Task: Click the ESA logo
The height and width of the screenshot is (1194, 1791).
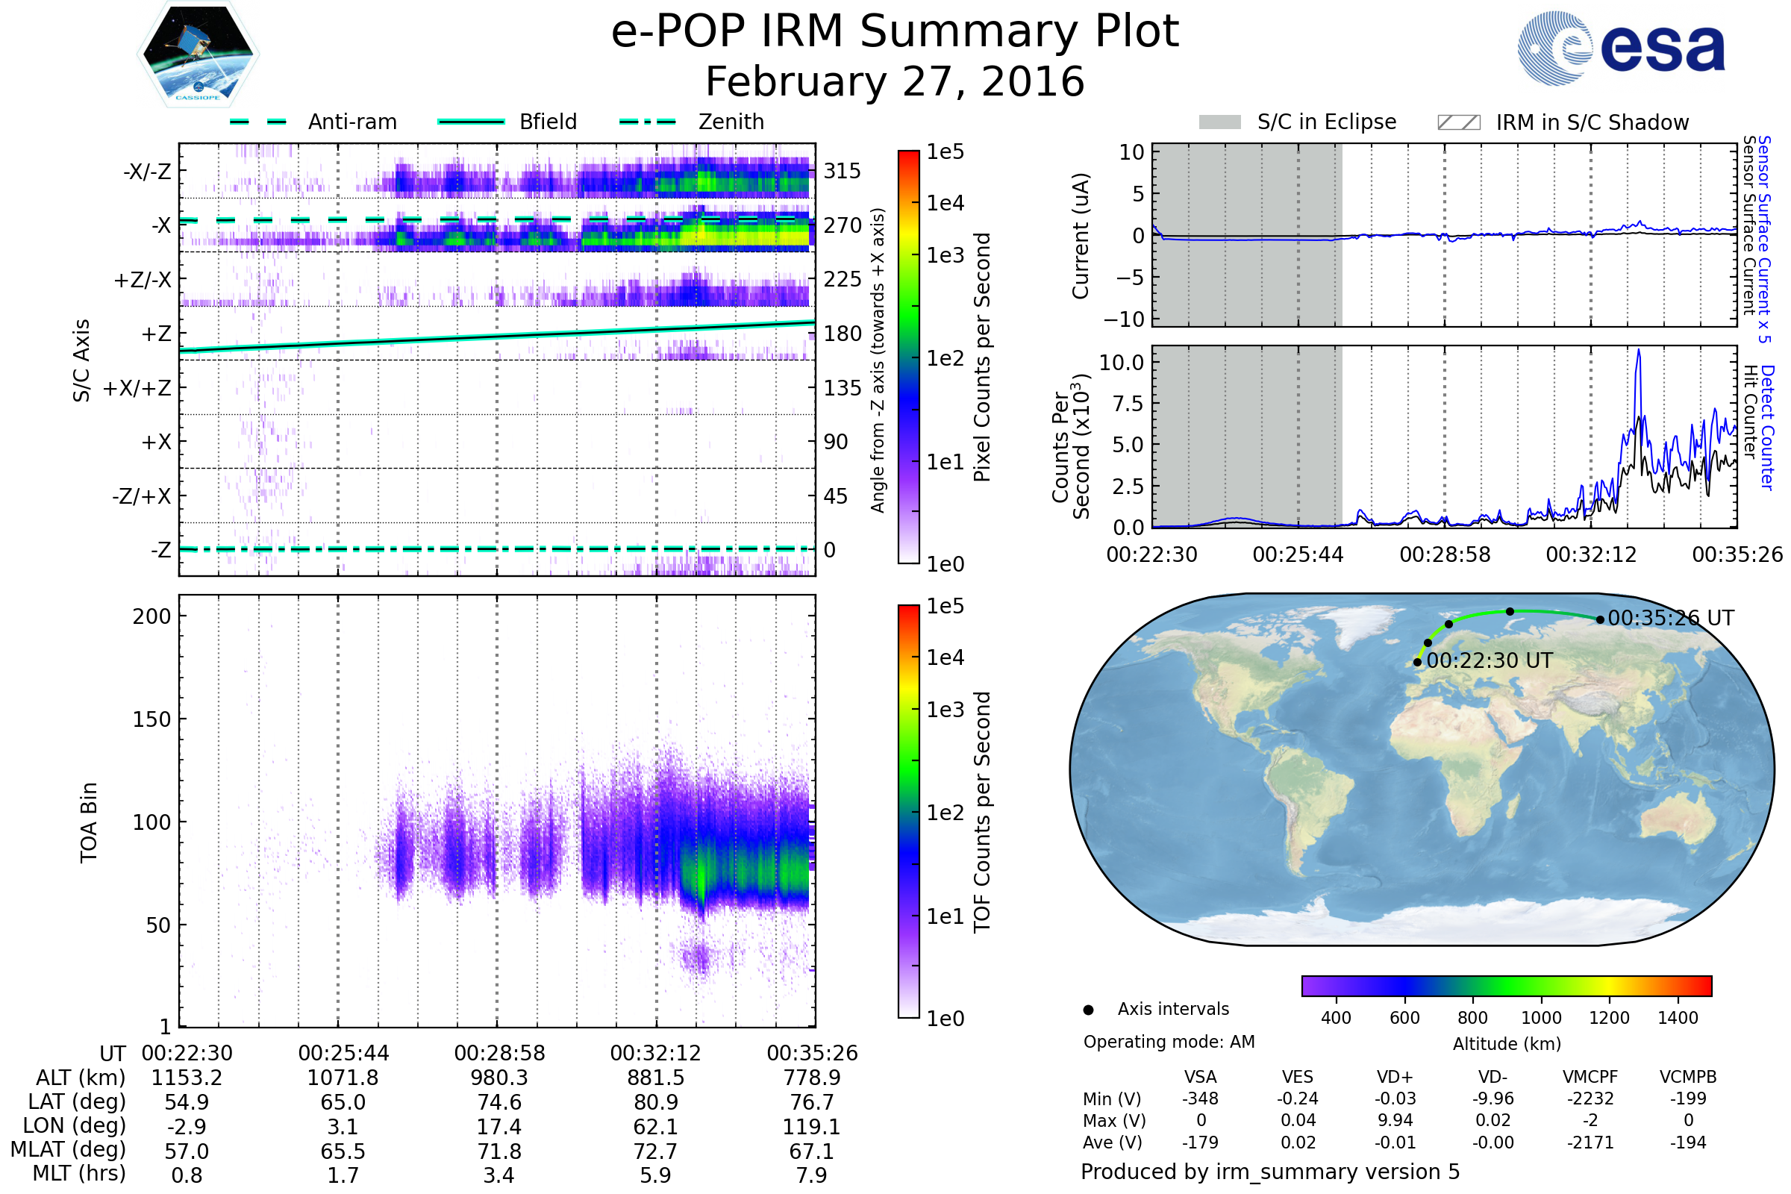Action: tap(1620, 48)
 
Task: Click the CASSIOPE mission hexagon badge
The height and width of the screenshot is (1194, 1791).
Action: tap(198, 54)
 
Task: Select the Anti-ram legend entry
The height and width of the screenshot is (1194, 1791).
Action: tap(313, 122)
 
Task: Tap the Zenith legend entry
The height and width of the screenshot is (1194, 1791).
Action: tap(692, 122)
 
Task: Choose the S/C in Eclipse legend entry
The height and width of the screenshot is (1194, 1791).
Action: tap(1298, 122)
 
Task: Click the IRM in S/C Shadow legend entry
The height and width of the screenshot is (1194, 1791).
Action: tap(1563, 122)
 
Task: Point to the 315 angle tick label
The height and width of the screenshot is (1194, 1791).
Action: tap(843, 171)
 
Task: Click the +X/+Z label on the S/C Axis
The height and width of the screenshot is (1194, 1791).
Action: tap(137, 388)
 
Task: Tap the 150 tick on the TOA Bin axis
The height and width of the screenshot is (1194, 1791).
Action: tap(152, 719)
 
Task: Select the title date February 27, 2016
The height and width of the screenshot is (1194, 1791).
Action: tap(895, 81)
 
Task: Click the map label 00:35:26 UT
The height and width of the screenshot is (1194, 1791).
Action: tap(1672, 618)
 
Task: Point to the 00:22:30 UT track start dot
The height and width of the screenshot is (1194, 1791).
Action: tap(1417, 662)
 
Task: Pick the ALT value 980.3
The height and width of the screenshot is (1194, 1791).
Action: tap(499, 1078)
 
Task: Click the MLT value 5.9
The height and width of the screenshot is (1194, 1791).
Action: tap(656, 1175)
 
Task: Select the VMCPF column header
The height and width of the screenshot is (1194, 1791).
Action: tap(1590, 1077)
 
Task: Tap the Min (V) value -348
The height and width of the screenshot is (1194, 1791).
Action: tap(1200, 1098)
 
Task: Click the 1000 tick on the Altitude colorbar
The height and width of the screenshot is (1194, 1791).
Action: tap(1541, 1018)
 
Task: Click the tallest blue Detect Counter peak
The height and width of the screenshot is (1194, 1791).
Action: tap(1639, 350)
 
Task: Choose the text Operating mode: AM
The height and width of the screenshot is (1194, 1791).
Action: tap(1169, 1042)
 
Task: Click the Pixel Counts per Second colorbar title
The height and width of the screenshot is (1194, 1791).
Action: tap(982, 357)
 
